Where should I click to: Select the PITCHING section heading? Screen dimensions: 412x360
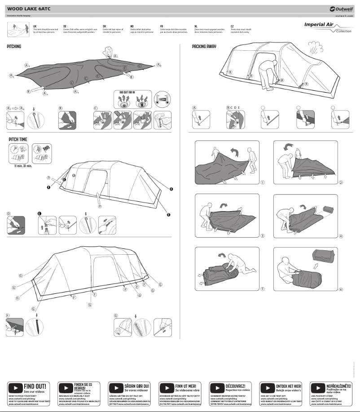click(x=14, y=47)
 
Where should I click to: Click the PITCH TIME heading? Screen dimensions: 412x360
click(x=18, y=140)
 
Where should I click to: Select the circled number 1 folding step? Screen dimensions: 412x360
click(x=262, y=182)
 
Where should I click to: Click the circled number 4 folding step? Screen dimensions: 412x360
click(x=341, y=236)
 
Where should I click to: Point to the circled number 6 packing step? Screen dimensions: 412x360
click(x=341, y=289)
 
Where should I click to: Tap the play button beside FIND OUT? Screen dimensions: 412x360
click(x=15, y=387)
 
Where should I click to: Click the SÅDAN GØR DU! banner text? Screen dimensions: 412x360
click(x=137, y=386)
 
